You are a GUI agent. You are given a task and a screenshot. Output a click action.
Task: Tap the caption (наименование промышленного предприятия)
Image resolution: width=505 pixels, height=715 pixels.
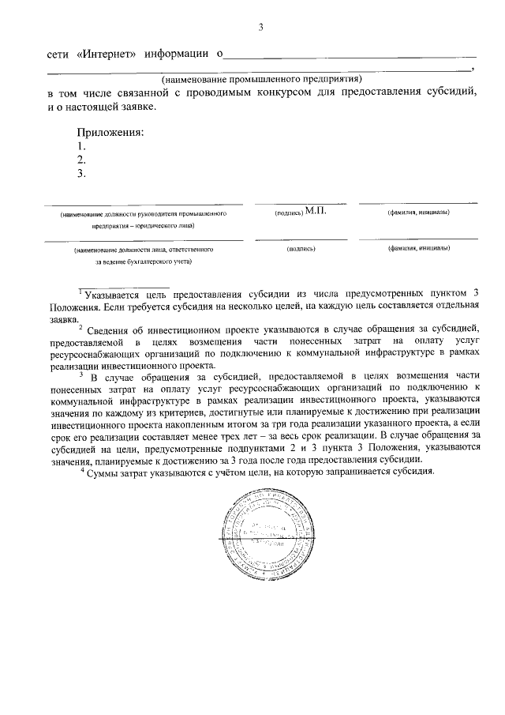click(x=261, y=79)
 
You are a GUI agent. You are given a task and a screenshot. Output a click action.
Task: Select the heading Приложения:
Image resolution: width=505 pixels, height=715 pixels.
click(x=110, y=132)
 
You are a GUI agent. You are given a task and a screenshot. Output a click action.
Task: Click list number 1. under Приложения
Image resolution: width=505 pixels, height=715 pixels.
click(x=80, y=146)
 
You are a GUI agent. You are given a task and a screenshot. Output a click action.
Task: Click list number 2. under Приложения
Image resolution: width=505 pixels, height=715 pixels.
click(x=80, y=160)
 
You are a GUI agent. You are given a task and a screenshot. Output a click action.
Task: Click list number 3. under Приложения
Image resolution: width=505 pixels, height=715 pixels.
click(x=80, y=175)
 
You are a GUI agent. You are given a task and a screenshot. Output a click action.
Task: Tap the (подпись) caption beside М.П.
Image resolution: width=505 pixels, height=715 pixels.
click(x=288, y=214)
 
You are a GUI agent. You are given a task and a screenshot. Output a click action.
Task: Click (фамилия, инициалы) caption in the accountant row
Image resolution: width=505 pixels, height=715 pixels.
click(x=418, y=249)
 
